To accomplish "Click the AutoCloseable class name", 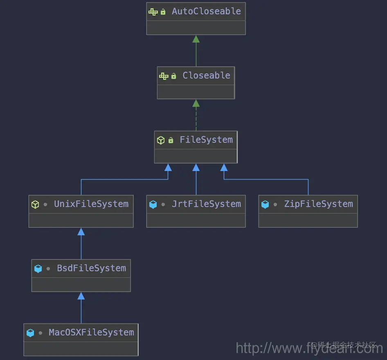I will pos(206,11).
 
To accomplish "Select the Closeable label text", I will pos(206,76).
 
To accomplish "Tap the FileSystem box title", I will pos(206,140).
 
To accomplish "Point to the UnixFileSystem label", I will pos(91,204).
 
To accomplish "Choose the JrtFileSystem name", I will pos(206,204).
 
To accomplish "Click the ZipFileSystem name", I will pos(318,204).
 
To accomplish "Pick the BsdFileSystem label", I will pos(91,268).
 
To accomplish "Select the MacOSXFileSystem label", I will pos(91,333).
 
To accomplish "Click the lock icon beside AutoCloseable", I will pos(163,12).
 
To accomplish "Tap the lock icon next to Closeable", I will pos(173,76).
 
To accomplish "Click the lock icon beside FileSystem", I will pos(171,140).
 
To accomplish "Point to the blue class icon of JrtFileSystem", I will pos(153,204).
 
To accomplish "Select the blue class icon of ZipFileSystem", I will pos(265,204).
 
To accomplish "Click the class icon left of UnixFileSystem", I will pos(35,204).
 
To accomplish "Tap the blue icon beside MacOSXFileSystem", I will pos(30,333).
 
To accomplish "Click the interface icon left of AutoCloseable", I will pos(153,12).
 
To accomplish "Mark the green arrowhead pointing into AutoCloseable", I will pos(196,39).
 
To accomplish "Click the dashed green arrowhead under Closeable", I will pos(196,103).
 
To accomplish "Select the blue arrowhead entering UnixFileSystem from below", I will pos(81,232).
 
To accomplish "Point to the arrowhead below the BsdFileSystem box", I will pos(81,296).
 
